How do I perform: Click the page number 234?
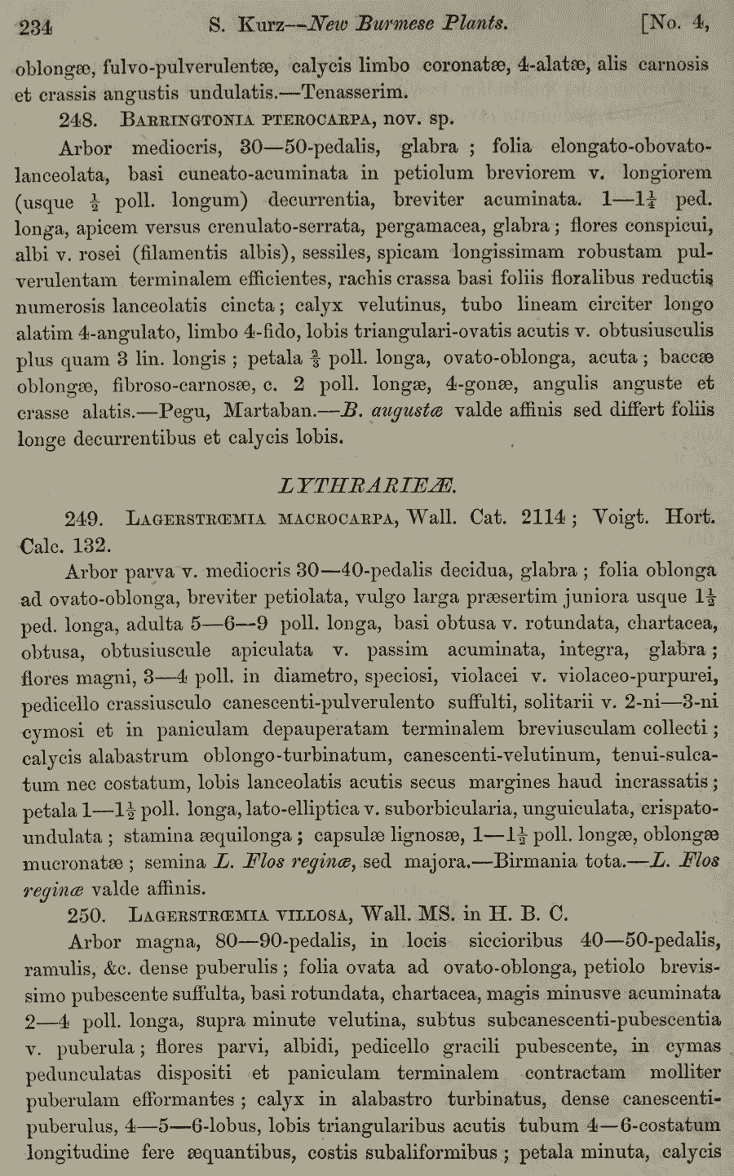[35, 27]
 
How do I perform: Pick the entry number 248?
[79, 119]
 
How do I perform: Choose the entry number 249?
[83, 518]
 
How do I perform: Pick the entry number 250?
[81, 914]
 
